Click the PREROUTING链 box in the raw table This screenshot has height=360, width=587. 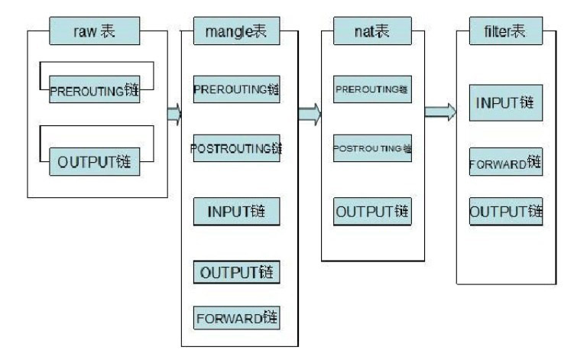96,89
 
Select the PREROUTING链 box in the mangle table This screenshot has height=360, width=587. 237,89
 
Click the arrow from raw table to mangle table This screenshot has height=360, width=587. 174,114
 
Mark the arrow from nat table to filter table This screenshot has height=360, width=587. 441,113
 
